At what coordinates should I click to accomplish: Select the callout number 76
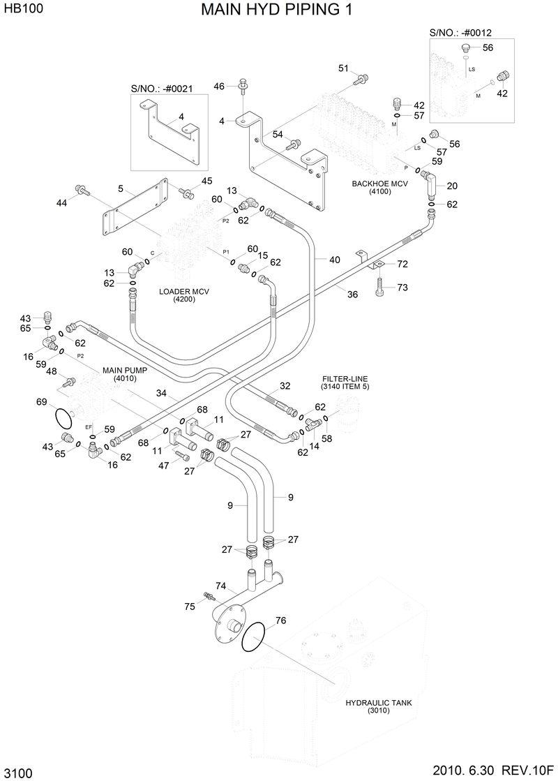point(280,620)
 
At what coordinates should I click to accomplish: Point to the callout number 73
point(402,288)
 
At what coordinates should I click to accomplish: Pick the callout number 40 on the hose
point(334,260)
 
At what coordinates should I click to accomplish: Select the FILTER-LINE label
point(340,382)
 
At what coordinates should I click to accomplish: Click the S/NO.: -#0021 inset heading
point(162,89)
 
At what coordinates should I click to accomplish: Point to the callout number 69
point(42,402)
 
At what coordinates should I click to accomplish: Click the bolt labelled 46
point(243,87)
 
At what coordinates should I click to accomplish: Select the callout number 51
point(343,68)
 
